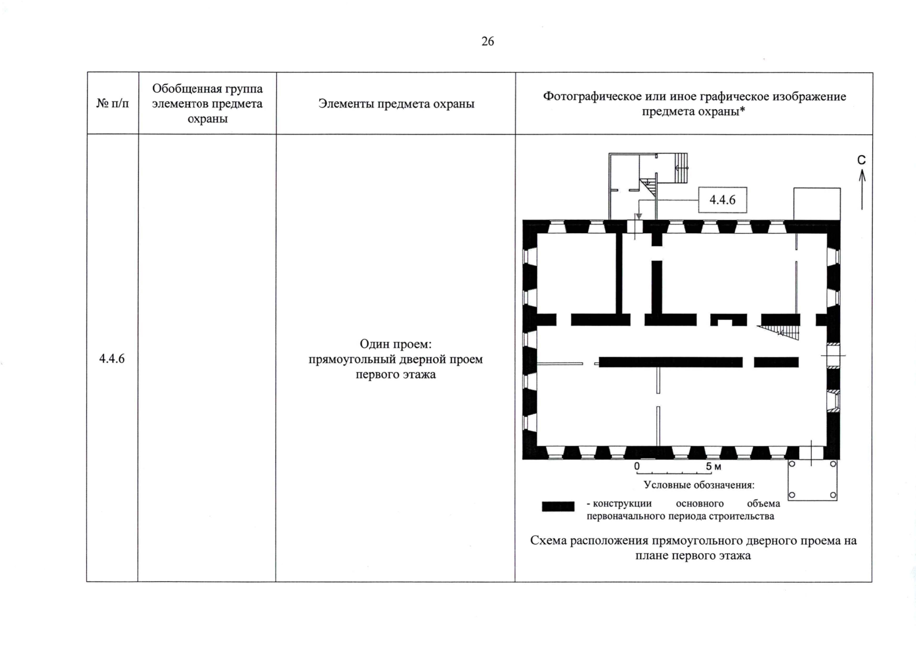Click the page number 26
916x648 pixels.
coord(487,42)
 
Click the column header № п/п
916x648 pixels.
coord(113,103)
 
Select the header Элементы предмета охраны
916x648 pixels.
coord(396,104)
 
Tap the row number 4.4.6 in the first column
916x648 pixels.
coord(112,359)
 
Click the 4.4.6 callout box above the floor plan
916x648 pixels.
coord(723,200)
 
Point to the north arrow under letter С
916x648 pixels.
coord(862,189)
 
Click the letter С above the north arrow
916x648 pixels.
coord(861,160)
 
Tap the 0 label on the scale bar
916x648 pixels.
coord(637,466)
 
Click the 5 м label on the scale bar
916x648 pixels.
coord(713,467)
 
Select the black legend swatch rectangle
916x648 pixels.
coord(558,507)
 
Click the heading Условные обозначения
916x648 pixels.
coord(699,485)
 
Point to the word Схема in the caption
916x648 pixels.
coord(550,541)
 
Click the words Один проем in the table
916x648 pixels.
coord(396,344)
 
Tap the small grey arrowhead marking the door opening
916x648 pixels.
coord(639,216)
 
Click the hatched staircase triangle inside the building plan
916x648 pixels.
coord(784,332)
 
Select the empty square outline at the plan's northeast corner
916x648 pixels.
coord(817,204)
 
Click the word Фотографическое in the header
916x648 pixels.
coord(592,97)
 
